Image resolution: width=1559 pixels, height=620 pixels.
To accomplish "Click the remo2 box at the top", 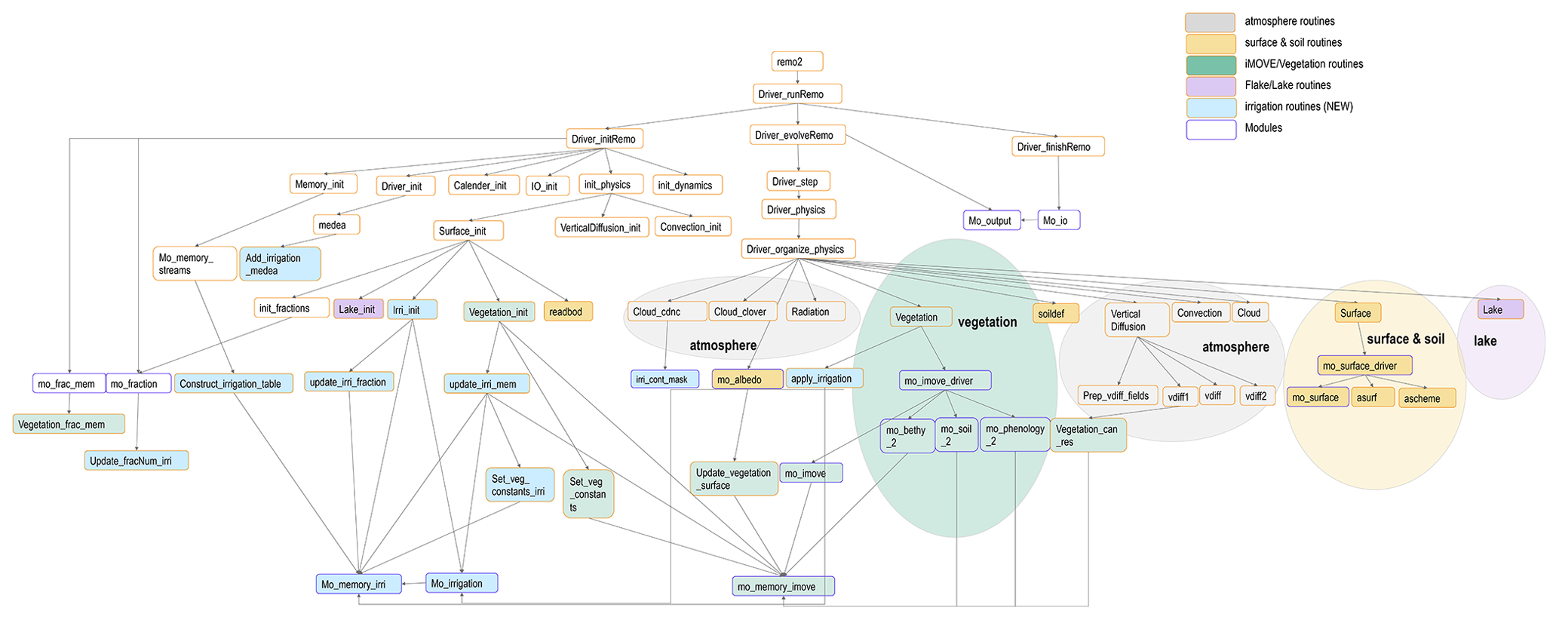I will pos(796,62).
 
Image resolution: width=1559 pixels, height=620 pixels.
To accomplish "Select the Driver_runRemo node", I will pos(797,94).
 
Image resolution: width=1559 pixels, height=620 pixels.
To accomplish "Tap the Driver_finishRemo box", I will pos(1057,147).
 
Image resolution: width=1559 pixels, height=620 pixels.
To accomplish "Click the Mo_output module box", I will pos(991,221).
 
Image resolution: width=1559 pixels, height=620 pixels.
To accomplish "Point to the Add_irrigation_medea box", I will pos(280,264).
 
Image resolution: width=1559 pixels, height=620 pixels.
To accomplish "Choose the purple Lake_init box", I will pos(358,309).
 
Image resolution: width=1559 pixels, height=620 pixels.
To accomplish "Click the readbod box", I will pos(568,312).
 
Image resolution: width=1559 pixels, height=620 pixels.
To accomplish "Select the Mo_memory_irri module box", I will pos(358,585).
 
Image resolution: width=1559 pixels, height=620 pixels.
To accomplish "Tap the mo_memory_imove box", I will pos(783,587).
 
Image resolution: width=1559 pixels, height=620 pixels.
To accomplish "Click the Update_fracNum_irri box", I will pos(137,461).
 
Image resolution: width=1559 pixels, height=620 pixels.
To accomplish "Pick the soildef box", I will pos(1055,314).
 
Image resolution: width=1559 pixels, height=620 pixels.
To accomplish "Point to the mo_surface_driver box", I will pos(1364,366).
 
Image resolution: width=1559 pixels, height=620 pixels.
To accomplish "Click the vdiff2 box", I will pos(1256,396).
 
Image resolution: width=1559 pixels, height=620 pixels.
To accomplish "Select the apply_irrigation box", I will pos(824,379).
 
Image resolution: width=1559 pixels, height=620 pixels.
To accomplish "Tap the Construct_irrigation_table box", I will pos(233,384).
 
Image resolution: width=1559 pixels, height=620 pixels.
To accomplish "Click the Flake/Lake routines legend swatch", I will pos(1210,86).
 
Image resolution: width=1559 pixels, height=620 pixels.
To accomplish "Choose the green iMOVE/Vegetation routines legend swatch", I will pos(1210,65).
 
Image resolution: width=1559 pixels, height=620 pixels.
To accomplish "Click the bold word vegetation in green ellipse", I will pos(987,323).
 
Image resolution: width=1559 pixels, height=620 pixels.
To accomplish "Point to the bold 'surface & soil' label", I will pos(1405,339).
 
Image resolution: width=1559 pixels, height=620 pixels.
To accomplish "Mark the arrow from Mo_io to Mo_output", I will pos(1029,221).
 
